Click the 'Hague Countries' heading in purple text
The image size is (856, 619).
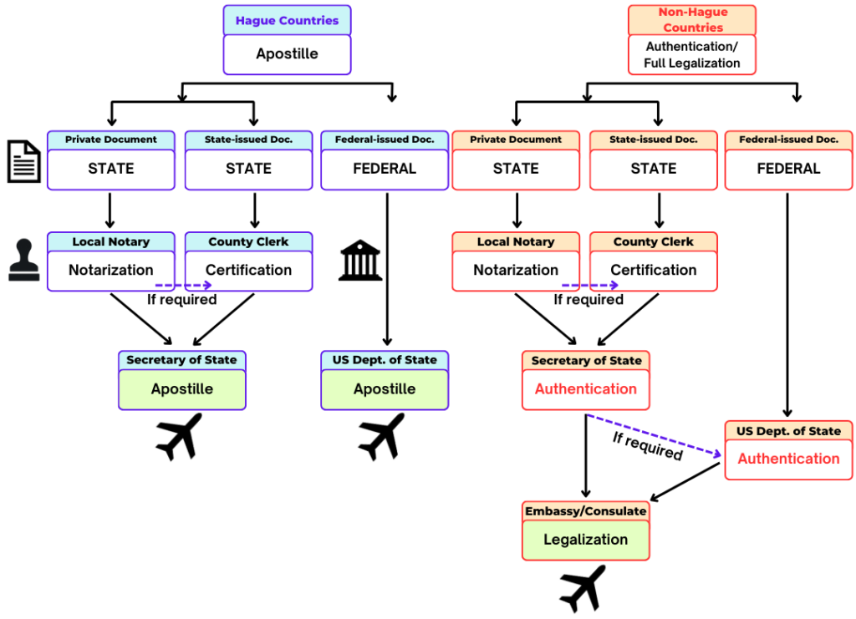point(287,21)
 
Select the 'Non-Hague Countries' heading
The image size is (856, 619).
point(692,20)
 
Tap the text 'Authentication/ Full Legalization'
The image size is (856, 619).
point(692,55)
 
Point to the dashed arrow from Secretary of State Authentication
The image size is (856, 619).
point(655,435)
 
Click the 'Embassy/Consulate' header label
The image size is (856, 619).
point(585,511)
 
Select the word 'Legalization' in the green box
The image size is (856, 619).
point(585,540)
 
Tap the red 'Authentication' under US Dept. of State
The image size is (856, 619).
point(788,459)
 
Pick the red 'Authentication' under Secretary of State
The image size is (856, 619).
point(585,389)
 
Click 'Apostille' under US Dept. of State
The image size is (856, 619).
point(385,389)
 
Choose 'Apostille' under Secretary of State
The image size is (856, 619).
point(182,389)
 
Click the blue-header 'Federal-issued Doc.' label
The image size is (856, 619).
point(385,140)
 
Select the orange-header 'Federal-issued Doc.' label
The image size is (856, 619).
point(788,140)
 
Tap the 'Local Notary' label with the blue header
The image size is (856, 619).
point(110,242)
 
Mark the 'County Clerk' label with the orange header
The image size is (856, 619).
point(653,242)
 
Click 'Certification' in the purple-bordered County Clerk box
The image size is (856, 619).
point(248,270)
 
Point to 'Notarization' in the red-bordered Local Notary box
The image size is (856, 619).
point(516,270)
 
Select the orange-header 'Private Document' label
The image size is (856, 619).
point(516,140)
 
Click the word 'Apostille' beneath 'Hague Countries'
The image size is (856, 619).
point(287,54)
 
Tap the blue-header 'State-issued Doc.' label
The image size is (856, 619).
point(248,140)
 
